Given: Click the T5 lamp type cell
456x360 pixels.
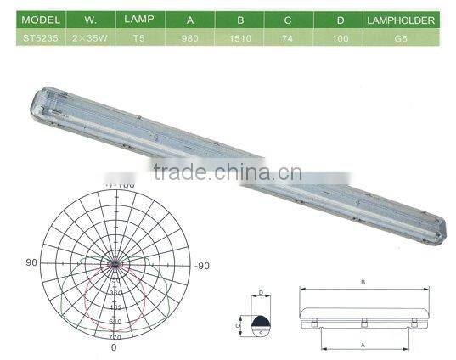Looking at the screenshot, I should tap(138, 37).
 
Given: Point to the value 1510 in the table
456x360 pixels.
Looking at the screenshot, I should tap(245, 37).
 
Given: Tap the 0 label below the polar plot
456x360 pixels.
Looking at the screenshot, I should tap(114, 347).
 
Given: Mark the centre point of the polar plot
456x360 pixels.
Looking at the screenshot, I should tap(114, 265).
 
